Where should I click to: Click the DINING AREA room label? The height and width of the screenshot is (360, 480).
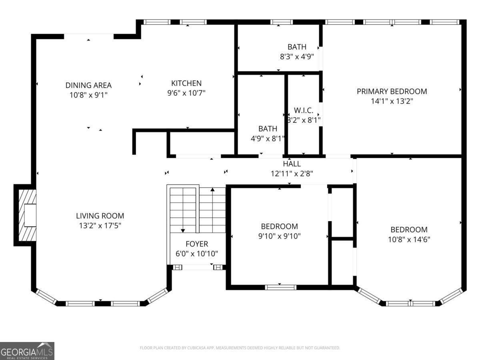[x=88, y=85]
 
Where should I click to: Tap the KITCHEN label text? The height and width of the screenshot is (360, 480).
[x=186, y=83]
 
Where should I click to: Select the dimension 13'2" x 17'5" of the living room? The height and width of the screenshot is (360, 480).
[x=100, y=226]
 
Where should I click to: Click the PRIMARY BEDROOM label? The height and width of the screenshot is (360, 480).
[x=392, y=91]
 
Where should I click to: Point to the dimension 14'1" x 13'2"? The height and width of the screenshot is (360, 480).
[x=392, y=101]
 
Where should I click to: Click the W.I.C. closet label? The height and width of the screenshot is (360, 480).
[x=304, y=110]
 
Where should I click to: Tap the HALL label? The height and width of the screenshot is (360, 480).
[x=292, y=164]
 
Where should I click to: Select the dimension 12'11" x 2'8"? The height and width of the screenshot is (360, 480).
[x=292, y=174]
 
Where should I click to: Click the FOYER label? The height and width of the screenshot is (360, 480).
[x=197, y=244]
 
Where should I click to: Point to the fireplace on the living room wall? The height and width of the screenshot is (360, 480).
[x=26, y=215]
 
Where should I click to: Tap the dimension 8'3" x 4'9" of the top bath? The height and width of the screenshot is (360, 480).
[x=296, y=57]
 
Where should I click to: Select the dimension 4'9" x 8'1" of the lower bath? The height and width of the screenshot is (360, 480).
[x=267, y=139]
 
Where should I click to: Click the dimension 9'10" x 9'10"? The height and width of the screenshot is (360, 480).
[x=279, y=236]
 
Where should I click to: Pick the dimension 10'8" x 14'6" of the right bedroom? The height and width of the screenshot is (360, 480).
[x=409, y=240]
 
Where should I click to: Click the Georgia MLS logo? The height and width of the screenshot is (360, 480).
[x=27, y=351]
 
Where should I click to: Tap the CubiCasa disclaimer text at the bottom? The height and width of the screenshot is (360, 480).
[x=240, y=348]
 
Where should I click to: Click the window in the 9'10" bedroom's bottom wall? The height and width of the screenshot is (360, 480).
[x=280, y=287]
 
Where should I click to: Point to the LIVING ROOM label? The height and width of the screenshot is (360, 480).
[x=100, y=216]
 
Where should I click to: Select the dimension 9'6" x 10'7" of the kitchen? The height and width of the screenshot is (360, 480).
[x=186, y=93]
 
